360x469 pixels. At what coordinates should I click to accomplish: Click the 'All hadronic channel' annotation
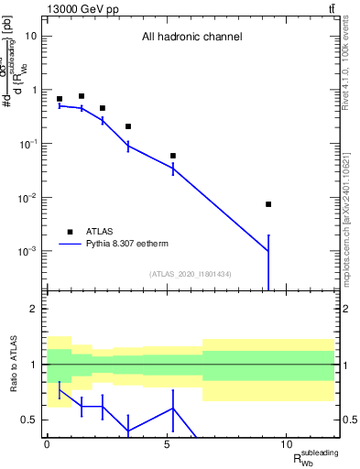[191, 38]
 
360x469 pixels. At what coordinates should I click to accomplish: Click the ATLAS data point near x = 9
[268, 204]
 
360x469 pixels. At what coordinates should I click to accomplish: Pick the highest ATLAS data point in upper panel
[82, 96]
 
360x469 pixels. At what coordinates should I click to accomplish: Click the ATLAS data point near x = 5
[173, 156]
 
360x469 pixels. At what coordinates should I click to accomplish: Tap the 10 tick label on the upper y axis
[30, 37]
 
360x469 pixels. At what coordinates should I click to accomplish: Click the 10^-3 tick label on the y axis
[27, 252]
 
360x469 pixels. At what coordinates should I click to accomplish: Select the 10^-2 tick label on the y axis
[27, 198]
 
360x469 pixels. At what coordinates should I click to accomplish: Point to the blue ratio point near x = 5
[173, 409]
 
